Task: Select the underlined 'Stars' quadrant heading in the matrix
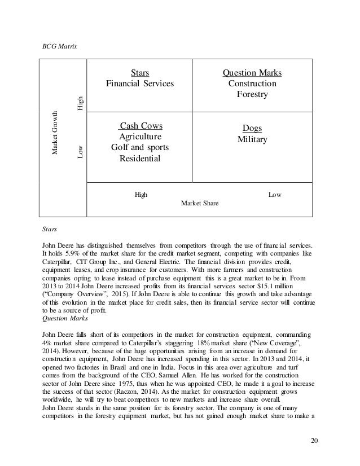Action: coord(140,72)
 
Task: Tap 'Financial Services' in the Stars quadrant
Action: coord(140,83)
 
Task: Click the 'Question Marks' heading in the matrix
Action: coord(252,72)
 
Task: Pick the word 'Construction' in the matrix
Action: coord(252,83)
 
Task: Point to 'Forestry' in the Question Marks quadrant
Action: coord(252,94)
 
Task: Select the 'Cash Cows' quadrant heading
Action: coord(140,125)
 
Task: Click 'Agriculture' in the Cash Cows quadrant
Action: coord(140,137)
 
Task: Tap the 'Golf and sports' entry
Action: coord(140,147)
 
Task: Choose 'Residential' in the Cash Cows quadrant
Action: coord(140,159)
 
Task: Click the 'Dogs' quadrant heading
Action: coord(252,128)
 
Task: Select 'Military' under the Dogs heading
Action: coord(252,139)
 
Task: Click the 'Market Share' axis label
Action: coord(200,202)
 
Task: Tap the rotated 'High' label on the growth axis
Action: coord(80,103)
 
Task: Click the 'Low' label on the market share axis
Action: coord(275,194)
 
